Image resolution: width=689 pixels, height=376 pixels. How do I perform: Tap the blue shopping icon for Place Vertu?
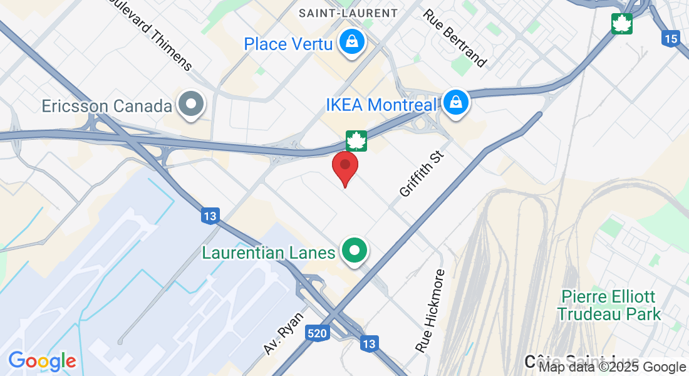(353, 43)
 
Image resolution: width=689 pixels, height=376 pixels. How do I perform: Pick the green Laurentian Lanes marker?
(355, 251)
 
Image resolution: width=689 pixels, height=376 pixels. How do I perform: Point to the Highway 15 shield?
(670, 38)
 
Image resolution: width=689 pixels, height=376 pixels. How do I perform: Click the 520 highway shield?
(318, 333)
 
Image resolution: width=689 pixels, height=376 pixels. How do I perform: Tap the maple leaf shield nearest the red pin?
(356, 140)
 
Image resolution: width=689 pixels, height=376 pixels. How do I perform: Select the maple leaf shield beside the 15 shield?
(622, 24)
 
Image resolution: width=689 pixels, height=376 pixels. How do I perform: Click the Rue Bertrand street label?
(455, 38)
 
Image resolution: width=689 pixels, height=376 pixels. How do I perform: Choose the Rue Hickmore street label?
(430, 310)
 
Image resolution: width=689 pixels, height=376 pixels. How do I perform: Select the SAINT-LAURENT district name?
(348, 13)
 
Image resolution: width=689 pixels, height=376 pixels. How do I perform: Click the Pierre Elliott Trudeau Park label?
(609, 305)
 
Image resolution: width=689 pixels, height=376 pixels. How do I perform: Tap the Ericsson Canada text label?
(107, 106)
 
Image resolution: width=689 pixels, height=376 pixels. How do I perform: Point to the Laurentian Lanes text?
(268, 253)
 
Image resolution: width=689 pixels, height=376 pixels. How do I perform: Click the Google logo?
(42, 361)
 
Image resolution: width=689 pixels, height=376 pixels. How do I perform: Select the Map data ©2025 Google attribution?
(613, 367)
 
